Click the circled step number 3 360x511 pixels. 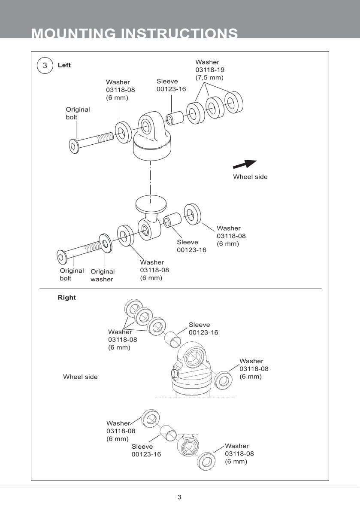[x=45, y=66]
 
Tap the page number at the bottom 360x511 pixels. [x=179, y=497]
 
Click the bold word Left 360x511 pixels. [x=64, y=65]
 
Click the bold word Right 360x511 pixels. [x=67, y=298]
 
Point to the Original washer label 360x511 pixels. [x=103, y=275]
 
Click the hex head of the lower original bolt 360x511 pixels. [x=62, y=258]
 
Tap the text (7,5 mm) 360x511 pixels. [x=209, y=77]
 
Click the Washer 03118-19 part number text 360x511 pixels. [x=210, y=70]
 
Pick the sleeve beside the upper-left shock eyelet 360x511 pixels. [x=175, y=118]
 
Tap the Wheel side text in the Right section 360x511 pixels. [x=80, y=377]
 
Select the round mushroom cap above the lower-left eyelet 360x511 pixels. [x=150, y=204]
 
